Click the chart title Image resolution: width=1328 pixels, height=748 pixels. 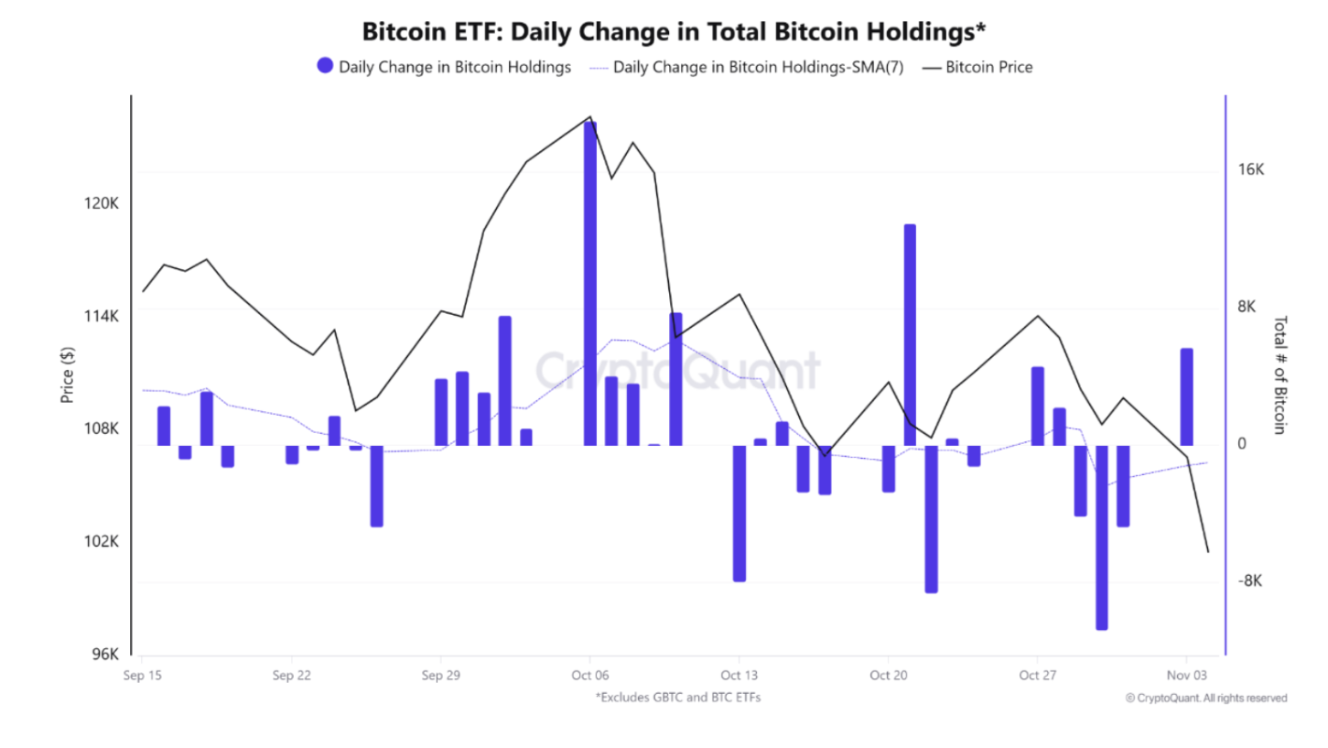674,31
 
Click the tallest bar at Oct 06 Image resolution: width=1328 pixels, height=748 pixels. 590,284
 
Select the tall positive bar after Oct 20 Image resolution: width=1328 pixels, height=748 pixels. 910,335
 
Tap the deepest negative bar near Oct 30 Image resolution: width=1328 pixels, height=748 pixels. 1101,537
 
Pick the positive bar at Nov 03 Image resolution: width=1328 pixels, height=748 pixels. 1186,397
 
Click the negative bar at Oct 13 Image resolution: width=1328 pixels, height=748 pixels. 740,513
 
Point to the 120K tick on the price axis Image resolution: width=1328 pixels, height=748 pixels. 102,203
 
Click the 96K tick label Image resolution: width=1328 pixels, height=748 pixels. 105,655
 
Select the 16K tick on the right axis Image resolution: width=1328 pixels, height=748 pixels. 1251,170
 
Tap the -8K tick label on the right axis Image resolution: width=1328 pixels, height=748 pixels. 1251,581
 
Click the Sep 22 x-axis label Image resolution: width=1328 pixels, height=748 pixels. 291,676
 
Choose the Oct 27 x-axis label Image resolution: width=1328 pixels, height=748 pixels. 1036,676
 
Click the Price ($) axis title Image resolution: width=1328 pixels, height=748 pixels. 68,375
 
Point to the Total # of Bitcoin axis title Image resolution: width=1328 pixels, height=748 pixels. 1279,375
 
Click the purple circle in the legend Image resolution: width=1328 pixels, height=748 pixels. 325,66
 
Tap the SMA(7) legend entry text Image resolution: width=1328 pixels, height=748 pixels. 758,67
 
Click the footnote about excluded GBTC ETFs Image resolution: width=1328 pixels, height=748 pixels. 678,698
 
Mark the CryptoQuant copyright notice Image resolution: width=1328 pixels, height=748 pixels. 1206,698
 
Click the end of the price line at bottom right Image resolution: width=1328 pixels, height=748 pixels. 1208,552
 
